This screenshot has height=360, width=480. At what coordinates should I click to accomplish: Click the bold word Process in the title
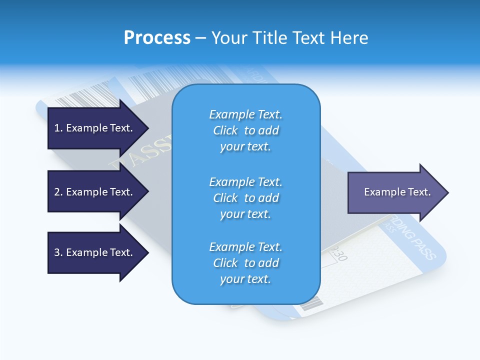pos(157,38)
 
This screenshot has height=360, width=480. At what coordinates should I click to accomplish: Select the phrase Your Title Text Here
pos(289,38)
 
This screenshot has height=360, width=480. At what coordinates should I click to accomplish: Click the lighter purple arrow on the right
pos(395,192)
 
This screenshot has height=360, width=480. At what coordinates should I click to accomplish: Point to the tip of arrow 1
pos(147,128)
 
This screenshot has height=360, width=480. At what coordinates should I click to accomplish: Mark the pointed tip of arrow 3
pos(147,252)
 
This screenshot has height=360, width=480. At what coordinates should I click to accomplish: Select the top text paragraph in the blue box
pos(245,130)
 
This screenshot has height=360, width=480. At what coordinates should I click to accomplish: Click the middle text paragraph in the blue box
pos(245,198)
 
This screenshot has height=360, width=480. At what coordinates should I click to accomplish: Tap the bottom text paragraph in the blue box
pos(245,263)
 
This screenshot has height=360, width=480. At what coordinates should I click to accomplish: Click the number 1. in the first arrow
pos(58,128)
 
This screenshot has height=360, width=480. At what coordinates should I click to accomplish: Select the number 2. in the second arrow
pos(58,192)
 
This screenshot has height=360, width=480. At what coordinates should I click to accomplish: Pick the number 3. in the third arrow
pos(58,252)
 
